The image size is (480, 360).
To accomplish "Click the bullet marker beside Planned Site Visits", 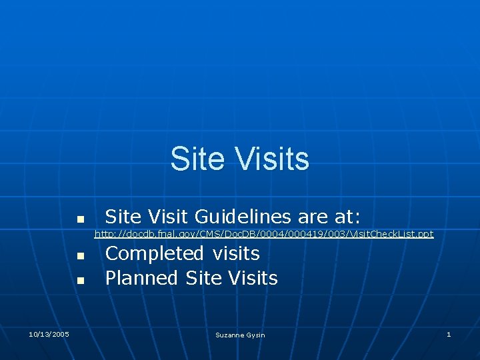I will (x=79, y=281).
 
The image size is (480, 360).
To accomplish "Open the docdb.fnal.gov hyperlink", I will (x=263, y=234).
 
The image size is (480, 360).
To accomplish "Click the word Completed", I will (x=155, y=254).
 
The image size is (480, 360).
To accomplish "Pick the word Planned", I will (x=142, y=278).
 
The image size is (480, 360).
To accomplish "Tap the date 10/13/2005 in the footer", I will (x=49, y=334).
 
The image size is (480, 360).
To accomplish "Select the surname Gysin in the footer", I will (x=256, y=335).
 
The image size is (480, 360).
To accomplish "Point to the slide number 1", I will (x=449, y=334).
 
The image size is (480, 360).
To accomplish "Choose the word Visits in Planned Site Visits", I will (x=253, y=278).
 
